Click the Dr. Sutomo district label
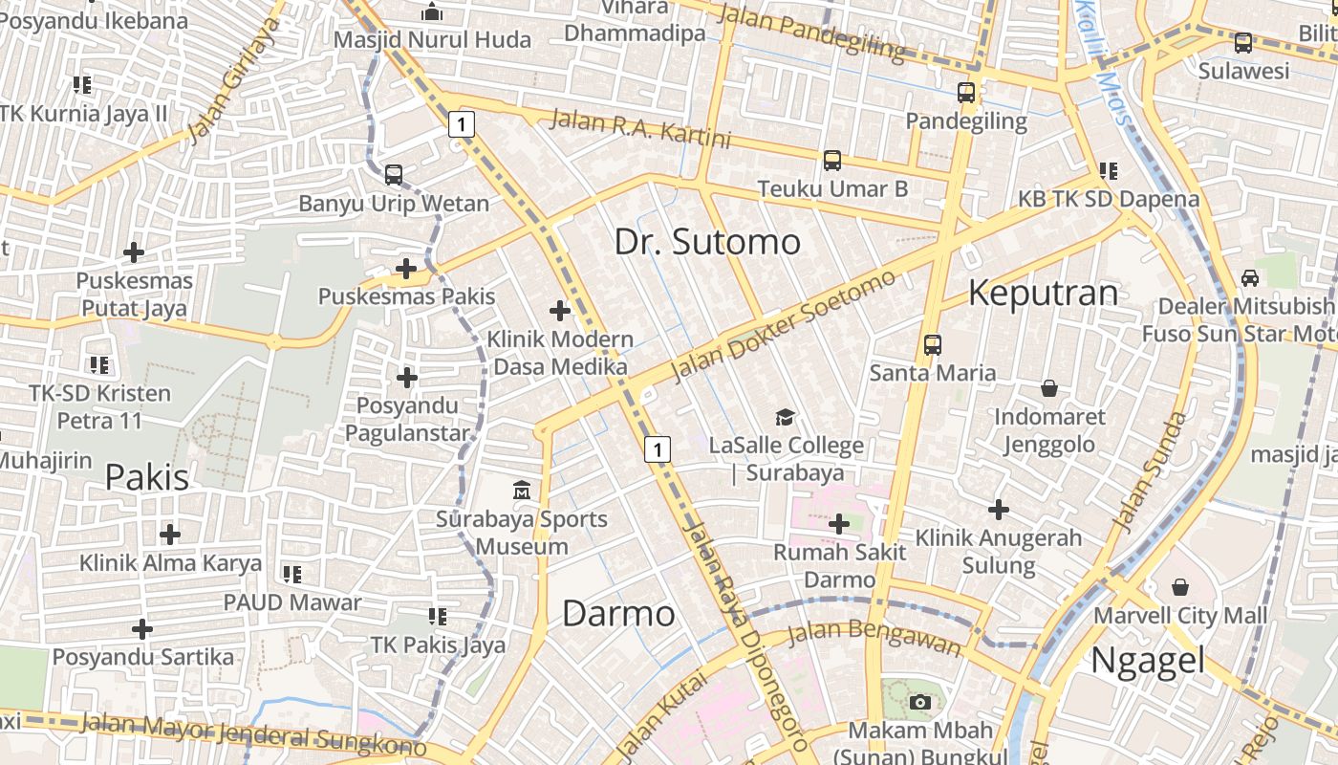coord(707,241)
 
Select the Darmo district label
coord(618,613)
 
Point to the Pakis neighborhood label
coord(147,476)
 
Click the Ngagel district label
coord(1147,660)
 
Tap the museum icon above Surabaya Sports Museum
coord(522,492)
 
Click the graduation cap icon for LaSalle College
coord(785,417)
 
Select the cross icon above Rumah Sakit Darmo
coord(839,524)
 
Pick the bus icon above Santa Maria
coord(933,345)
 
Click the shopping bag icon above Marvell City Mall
coord(1180,586)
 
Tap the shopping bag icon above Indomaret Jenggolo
coord(1049,388)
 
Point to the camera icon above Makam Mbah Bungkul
coord(920,703)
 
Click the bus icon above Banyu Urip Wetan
coord(394,175)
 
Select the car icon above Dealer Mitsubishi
coord(1249,278)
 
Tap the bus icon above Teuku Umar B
coord(832,161)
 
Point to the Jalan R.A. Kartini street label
coord(640,129)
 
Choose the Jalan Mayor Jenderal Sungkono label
coord(253,734)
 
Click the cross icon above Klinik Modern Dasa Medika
coord(560,311)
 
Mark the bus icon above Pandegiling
coord(966,93)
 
